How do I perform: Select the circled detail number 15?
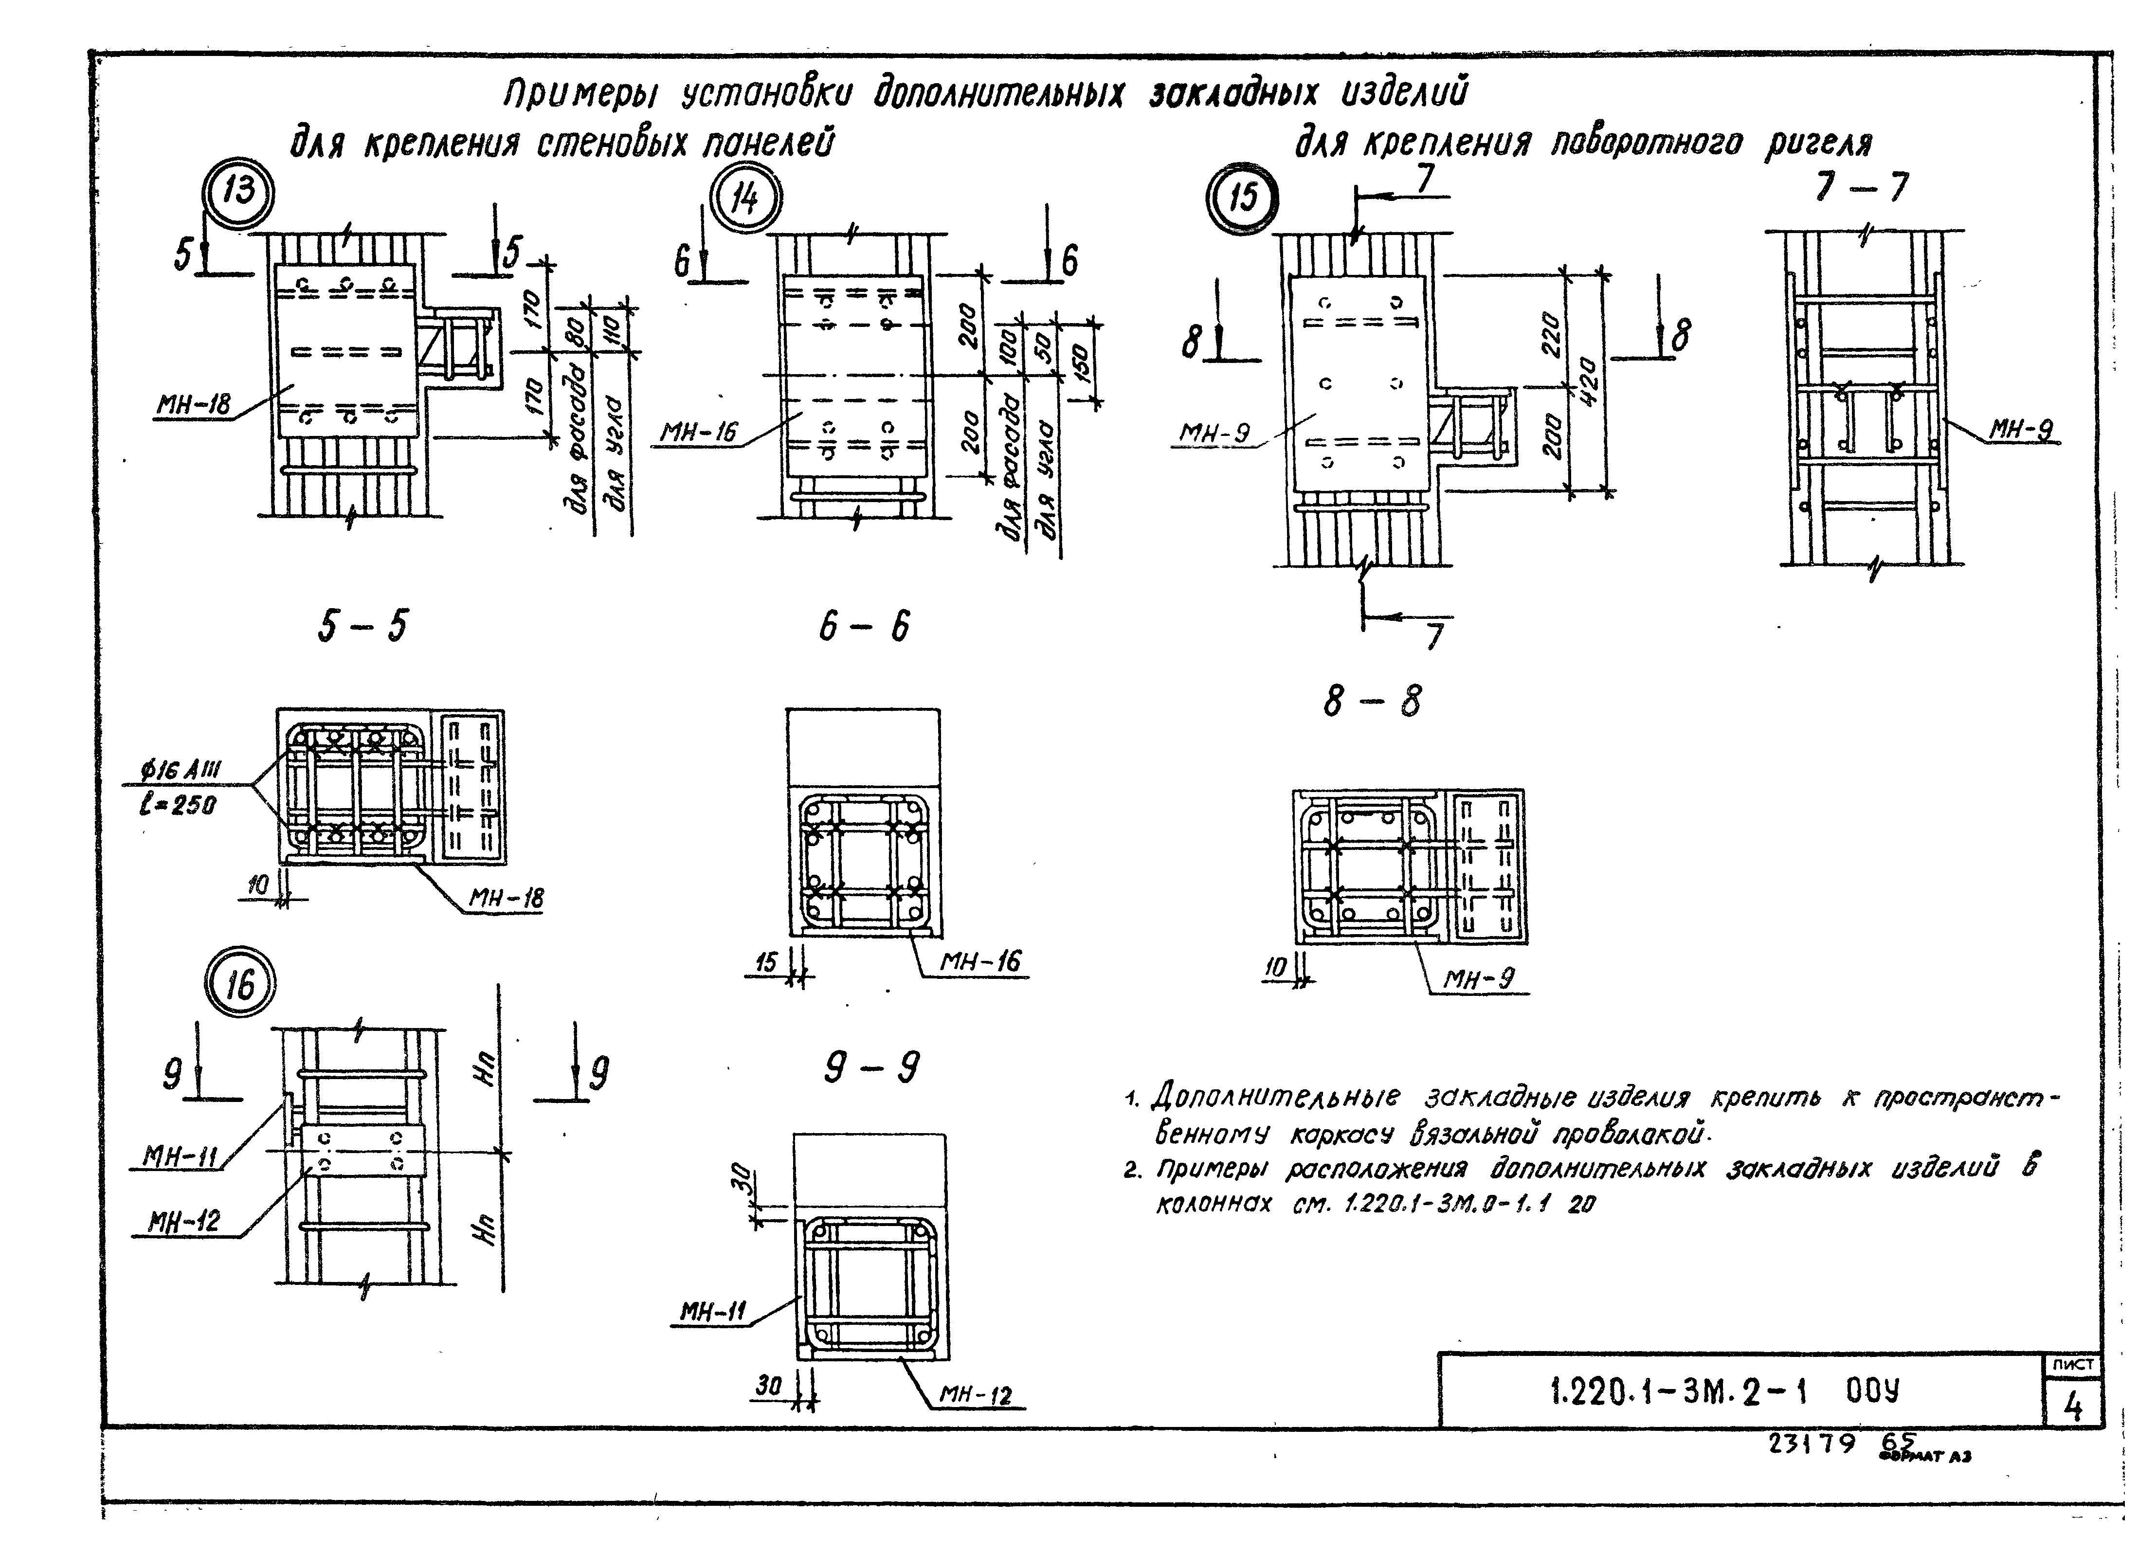(1242, 199)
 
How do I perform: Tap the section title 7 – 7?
(1860, 186)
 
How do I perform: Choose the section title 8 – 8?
(1372, 702)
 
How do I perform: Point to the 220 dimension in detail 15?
(1551, 334)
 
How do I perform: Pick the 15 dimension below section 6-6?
(766, 963)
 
